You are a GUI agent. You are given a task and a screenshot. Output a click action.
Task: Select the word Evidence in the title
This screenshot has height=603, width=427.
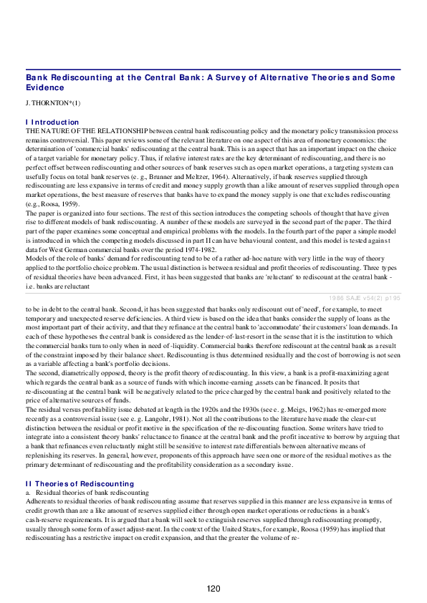coord(45,87)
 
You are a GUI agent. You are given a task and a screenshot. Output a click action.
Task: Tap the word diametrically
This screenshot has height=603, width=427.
coord(80,372)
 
